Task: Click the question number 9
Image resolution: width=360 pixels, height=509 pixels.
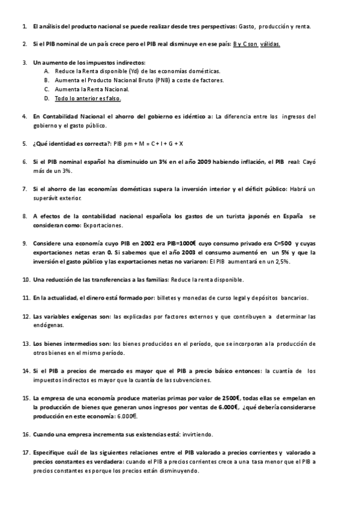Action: (25, 244)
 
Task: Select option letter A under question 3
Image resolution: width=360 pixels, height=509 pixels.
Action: (47, 70)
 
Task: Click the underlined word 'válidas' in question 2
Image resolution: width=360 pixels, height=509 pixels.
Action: (271, 44)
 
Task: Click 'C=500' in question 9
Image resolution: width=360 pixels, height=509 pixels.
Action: (280, 244)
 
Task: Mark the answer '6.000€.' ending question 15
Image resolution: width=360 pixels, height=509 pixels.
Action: (126, 416)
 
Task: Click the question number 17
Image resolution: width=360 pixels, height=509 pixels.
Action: (25, 452)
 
